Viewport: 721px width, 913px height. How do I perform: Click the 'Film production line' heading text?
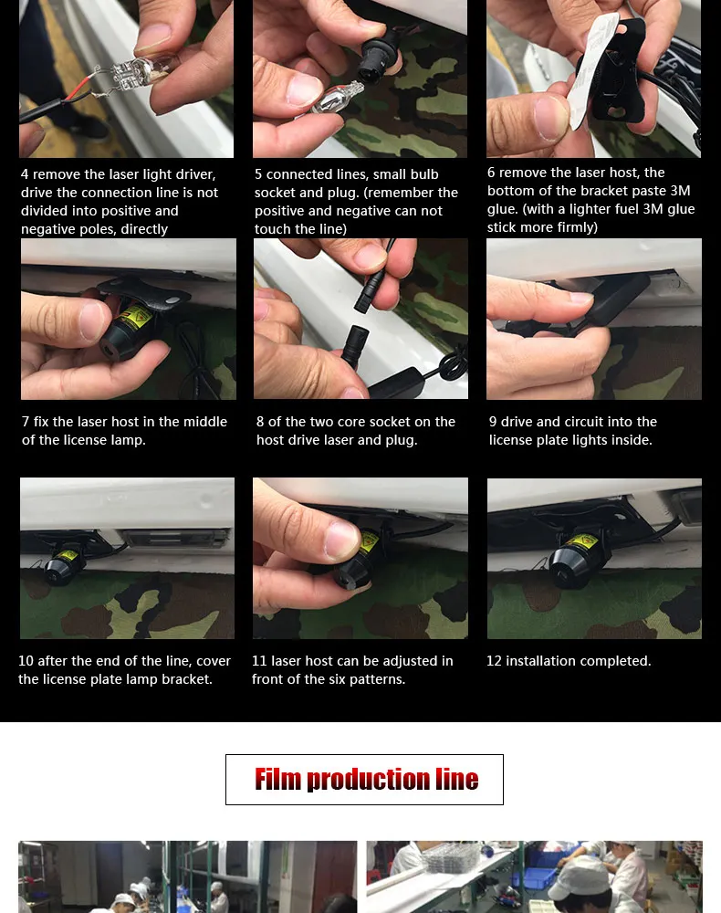click(x=366, y=779)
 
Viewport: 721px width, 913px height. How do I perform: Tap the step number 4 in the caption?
click(x=25, y=174)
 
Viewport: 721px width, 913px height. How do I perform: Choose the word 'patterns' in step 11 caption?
click(x=377, y=679)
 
